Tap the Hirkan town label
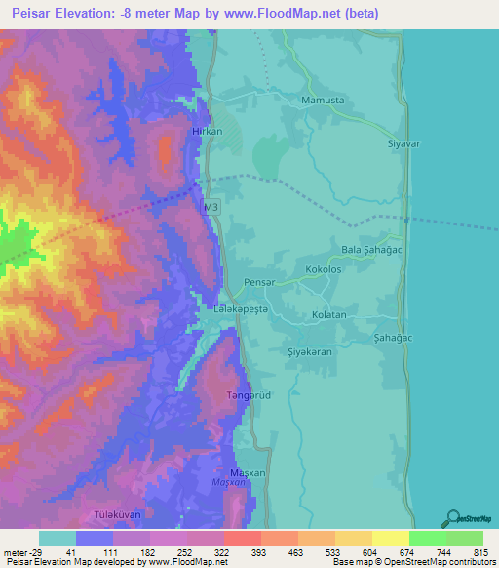click(208, 131)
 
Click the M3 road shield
click(211, 208)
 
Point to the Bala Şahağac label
click(370, 251)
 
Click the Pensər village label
click(260, 281)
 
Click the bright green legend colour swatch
click(428, 538)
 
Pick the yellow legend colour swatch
click(390, 538)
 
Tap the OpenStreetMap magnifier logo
click(453, 519)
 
